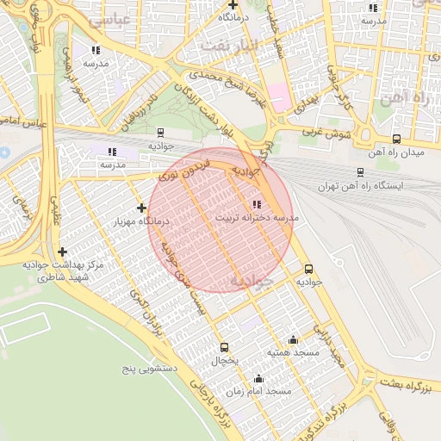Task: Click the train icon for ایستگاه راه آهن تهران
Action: tap(360, 172)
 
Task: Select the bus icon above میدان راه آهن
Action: tap(396, 139)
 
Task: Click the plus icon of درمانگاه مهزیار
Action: tap(141, 208)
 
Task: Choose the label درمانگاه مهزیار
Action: tap(140, 221)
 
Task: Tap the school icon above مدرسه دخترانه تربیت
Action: tap(256, 204)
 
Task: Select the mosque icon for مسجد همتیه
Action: tap(293, 339)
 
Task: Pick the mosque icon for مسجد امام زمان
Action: tap(258, 378)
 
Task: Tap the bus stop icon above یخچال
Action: tap(224, 347)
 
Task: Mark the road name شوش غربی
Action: tap(324, 134)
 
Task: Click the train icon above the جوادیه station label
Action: tap(160, 133)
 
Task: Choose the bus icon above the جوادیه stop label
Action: tap(308, 268)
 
